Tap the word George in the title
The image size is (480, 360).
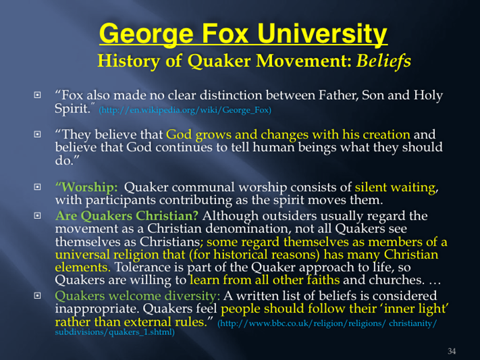click(146, 34)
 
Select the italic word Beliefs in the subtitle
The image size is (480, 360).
click(383, 60)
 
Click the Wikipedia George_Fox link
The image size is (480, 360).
click(185, 109)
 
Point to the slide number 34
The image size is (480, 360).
click(452, 351)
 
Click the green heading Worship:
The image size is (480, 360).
click(86, 187)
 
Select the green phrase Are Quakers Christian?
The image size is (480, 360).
click(127, 215)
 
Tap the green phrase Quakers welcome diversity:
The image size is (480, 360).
click(138, 296)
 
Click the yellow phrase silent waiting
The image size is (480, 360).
click(395, 187)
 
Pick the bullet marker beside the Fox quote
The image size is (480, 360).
click(37, 95)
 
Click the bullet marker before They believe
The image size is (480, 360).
click(37, 134)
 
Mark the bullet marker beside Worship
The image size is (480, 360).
click(37, 187)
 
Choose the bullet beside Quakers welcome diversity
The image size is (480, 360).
click(37, 296)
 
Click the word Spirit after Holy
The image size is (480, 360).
click(72, 109)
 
